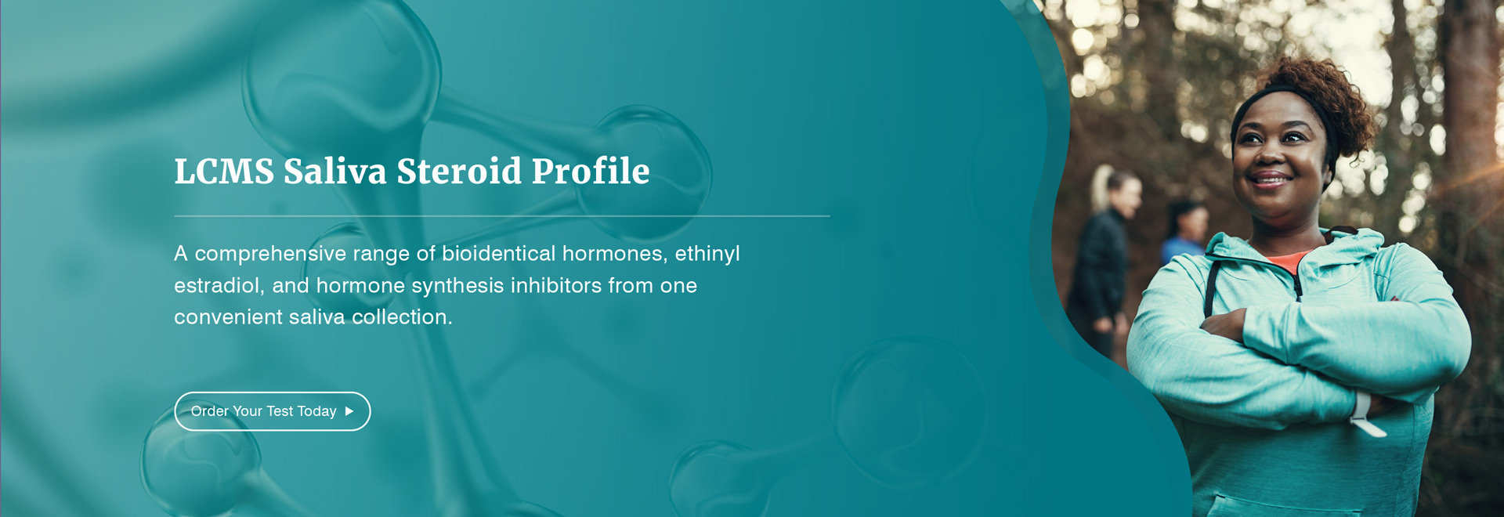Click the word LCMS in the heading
coord(224,172)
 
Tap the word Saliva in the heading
coord(334,172)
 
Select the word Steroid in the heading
coord(459,172)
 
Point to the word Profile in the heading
coord(591,172)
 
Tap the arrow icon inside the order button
coord(349,411)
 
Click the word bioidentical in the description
coord(498,254)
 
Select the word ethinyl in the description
coord(707,254)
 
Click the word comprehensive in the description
coord(270,254)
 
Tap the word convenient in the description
coord(227,317)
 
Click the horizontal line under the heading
coord(501,215)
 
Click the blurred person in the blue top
coord(1184,235)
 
